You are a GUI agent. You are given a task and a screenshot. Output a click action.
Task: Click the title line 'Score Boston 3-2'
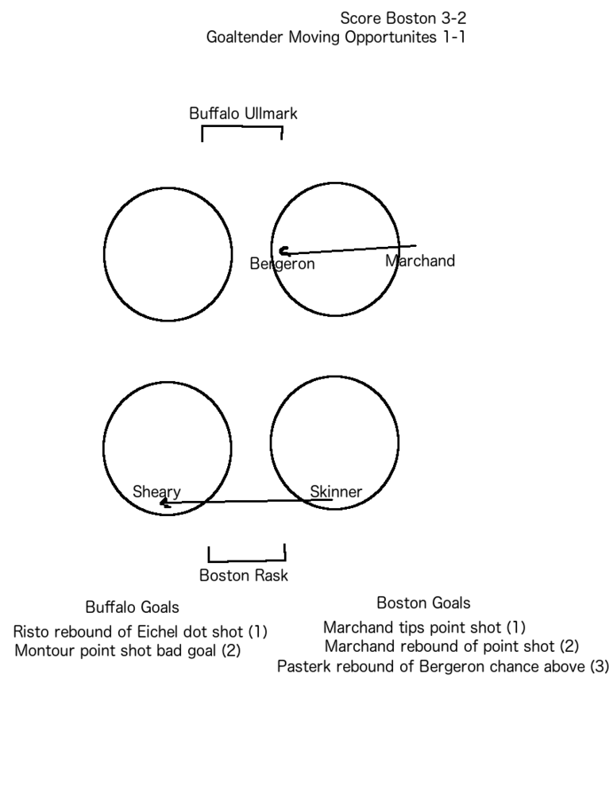(403, 18)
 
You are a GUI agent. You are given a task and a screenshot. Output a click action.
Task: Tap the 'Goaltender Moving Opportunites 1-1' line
(336, 37)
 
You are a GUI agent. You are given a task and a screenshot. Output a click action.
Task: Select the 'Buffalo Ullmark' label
(243, 113)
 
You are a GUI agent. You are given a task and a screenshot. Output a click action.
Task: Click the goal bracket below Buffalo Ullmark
(242, 126)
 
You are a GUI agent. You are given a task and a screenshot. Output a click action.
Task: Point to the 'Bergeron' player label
(282, 264)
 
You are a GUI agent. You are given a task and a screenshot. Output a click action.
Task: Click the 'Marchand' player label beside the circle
(420, 260)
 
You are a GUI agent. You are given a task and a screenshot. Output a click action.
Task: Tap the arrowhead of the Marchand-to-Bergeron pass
(283, 251)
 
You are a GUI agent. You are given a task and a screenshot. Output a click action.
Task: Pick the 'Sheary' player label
(156, 491)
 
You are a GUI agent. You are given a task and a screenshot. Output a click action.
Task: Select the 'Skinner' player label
(336, 491)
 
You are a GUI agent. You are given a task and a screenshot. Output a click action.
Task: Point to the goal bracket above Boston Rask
(247, 560)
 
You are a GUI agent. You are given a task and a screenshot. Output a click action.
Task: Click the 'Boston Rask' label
(244, 575)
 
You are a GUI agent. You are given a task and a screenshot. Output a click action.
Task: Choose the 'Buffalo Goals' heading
(133, 607)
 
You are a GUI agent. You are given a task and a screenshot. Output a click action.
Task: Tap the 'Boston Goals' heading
(423, 603)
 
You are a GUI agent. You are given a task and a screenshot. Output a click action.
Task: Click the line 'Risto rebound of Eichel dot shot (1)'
(141, 631)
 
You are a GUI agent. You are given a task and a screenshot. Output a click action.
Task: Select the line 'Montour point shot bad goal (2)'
(128, 650)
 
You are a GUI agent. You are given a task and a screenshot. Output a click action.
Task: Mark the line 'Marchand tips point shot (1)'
(425, 627)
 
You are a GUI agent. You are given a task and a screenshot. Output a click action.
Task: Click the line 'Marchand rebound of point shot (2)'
(451, 646)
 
